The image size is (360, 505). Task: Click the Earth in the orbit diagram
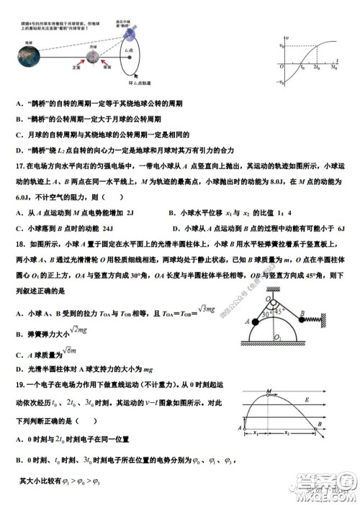(x=27, y=57)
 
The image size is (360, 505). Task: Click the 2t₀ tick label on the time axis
(x=316, y=69)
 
